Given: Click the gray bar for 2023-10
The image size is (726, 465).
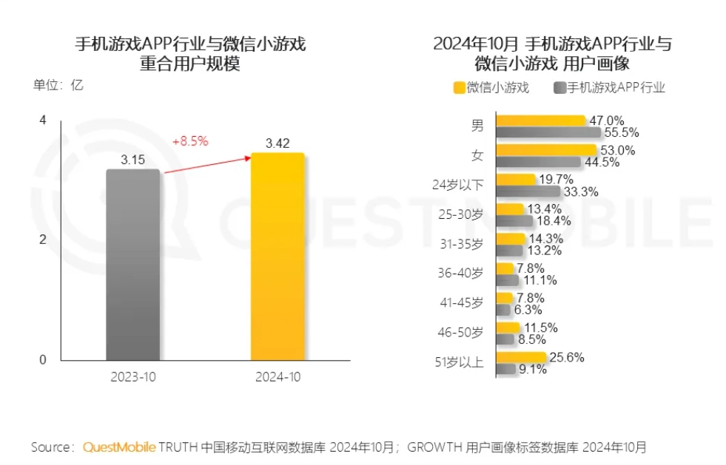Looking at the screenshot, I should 132,265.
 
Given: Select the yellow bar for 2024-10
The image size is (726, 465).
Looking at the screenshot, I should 278,257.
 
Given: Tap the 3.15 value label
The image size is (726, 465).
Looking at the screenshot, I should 133,159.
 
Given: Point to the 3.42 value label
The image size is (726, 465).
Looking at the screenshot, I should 278,143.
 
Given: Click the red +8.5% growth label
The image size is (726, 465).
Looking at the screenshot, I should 190,140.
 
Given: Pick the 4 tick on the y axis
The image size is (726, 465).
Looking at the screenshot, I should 42,121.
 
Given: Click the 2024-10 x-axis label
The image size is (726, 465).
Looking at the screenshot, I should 278,376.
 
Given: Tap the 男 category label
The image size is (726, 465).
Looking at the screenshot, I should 477,126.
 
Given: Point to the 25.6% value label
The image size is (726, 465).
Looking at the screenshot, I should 566,357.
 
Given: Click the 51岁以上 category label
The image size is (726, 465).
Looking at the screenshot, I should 459,362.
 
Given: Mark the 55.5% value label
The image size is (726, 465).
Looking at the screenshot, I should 621,133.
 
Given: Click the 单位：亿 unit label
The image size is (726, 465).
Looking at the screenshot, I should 58,85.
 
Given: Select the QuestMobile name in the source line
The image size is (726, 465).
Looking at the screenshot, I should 119,447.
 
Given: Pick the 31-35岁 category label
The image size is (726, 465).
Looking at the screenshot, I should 460,244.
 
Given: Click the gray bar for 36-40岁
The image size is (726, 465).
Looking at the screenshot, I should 508,280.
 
